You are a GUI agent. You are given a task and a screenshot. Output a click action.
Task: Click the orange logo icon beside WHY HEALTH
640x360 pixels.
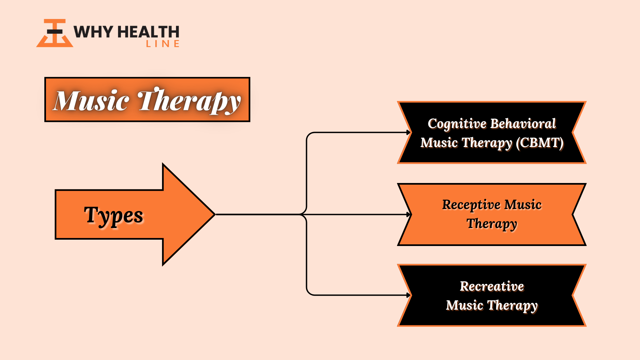click(55, 33)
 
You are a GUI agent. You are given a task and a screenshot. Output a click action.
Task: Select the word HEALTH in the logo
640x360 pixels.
click(149, 32)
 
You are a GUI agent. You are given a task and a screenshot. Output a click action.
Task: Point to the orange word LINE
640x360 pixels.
click(163, 44)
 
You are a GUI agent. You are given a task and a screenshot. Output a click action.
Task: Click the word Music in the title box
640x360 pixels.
click(91, 100)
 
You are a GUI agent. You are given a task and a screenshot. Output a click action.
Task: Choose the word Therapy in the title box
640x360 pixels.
click(189, 101)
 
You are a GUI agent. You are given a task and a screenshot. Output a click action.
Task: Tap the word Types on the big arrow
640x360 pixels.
click(114, 216)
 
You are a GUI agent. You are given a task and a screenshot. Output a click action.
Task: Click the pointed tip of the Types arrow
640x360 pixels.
click(215, 214)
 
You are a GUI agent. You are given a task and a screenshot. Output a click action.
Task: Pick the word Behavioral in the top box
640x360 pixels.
click(523, 123)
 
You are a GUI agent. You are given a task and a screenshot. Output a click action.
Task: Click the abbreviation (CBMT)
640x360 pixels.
click(540, 143)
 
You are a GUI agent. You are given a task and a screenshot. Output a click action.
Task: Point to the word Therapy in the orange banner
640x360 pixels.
click(492, 224)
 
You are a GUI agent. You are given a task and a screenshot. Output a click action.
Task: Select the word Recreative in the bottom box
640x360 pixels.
click(492, 286)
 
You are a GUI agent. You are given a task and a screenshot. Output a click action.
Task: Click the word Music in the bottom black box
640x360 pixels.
click(465, 305)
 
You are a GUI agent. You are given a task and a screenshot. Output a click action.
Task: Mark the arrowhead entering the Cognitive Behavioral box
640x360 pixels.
click(409, 132)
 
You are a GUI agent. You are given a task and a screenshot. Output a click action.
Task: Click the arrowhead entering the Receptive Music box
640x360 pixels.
click(409, 214)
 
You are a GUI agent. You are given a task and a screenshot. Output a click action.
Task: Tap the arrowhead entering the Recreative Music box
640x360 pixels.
click(409, 295)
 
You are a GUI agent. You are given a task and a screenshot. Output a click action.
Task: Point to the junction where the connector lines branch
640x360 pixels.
click(304, 214)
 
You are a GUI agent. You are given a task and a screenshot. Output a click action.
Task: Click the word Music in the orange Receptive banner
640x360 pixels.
click(523, 205)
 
